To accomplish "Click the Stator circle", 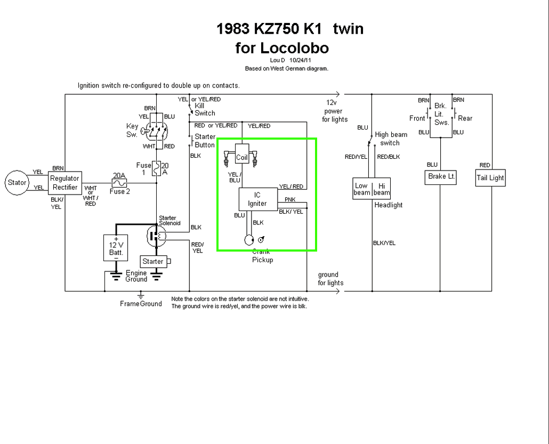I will [x=17, y=183].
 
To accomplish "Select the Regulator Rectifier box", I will [x=64, y=183].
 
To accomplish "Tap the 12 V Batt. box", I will [x=116, y=247].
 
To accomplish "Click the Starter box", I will [x=153, y=262].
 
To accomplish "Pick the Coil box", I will [x=242, y=157].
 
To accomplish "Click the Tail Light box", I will [x=490, y=178].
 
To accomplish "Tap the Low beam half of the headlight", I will [x=361, y=189].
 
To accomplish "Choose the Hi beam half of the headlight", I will [x=382, y=189].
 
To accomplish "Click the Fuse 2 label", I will [x=119, y=191].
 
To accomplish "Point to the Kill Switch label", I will [x=205, y=109].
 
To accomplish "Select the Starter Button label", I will [x=205, y=141].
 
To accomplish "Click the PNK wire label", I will [x=290, y=199].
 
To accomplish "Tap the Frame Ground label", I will [x=141, y=304].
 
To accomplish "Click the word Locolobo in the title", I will [x=295, y=48].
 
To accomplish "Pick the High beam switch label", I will [x=391, y=139].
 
